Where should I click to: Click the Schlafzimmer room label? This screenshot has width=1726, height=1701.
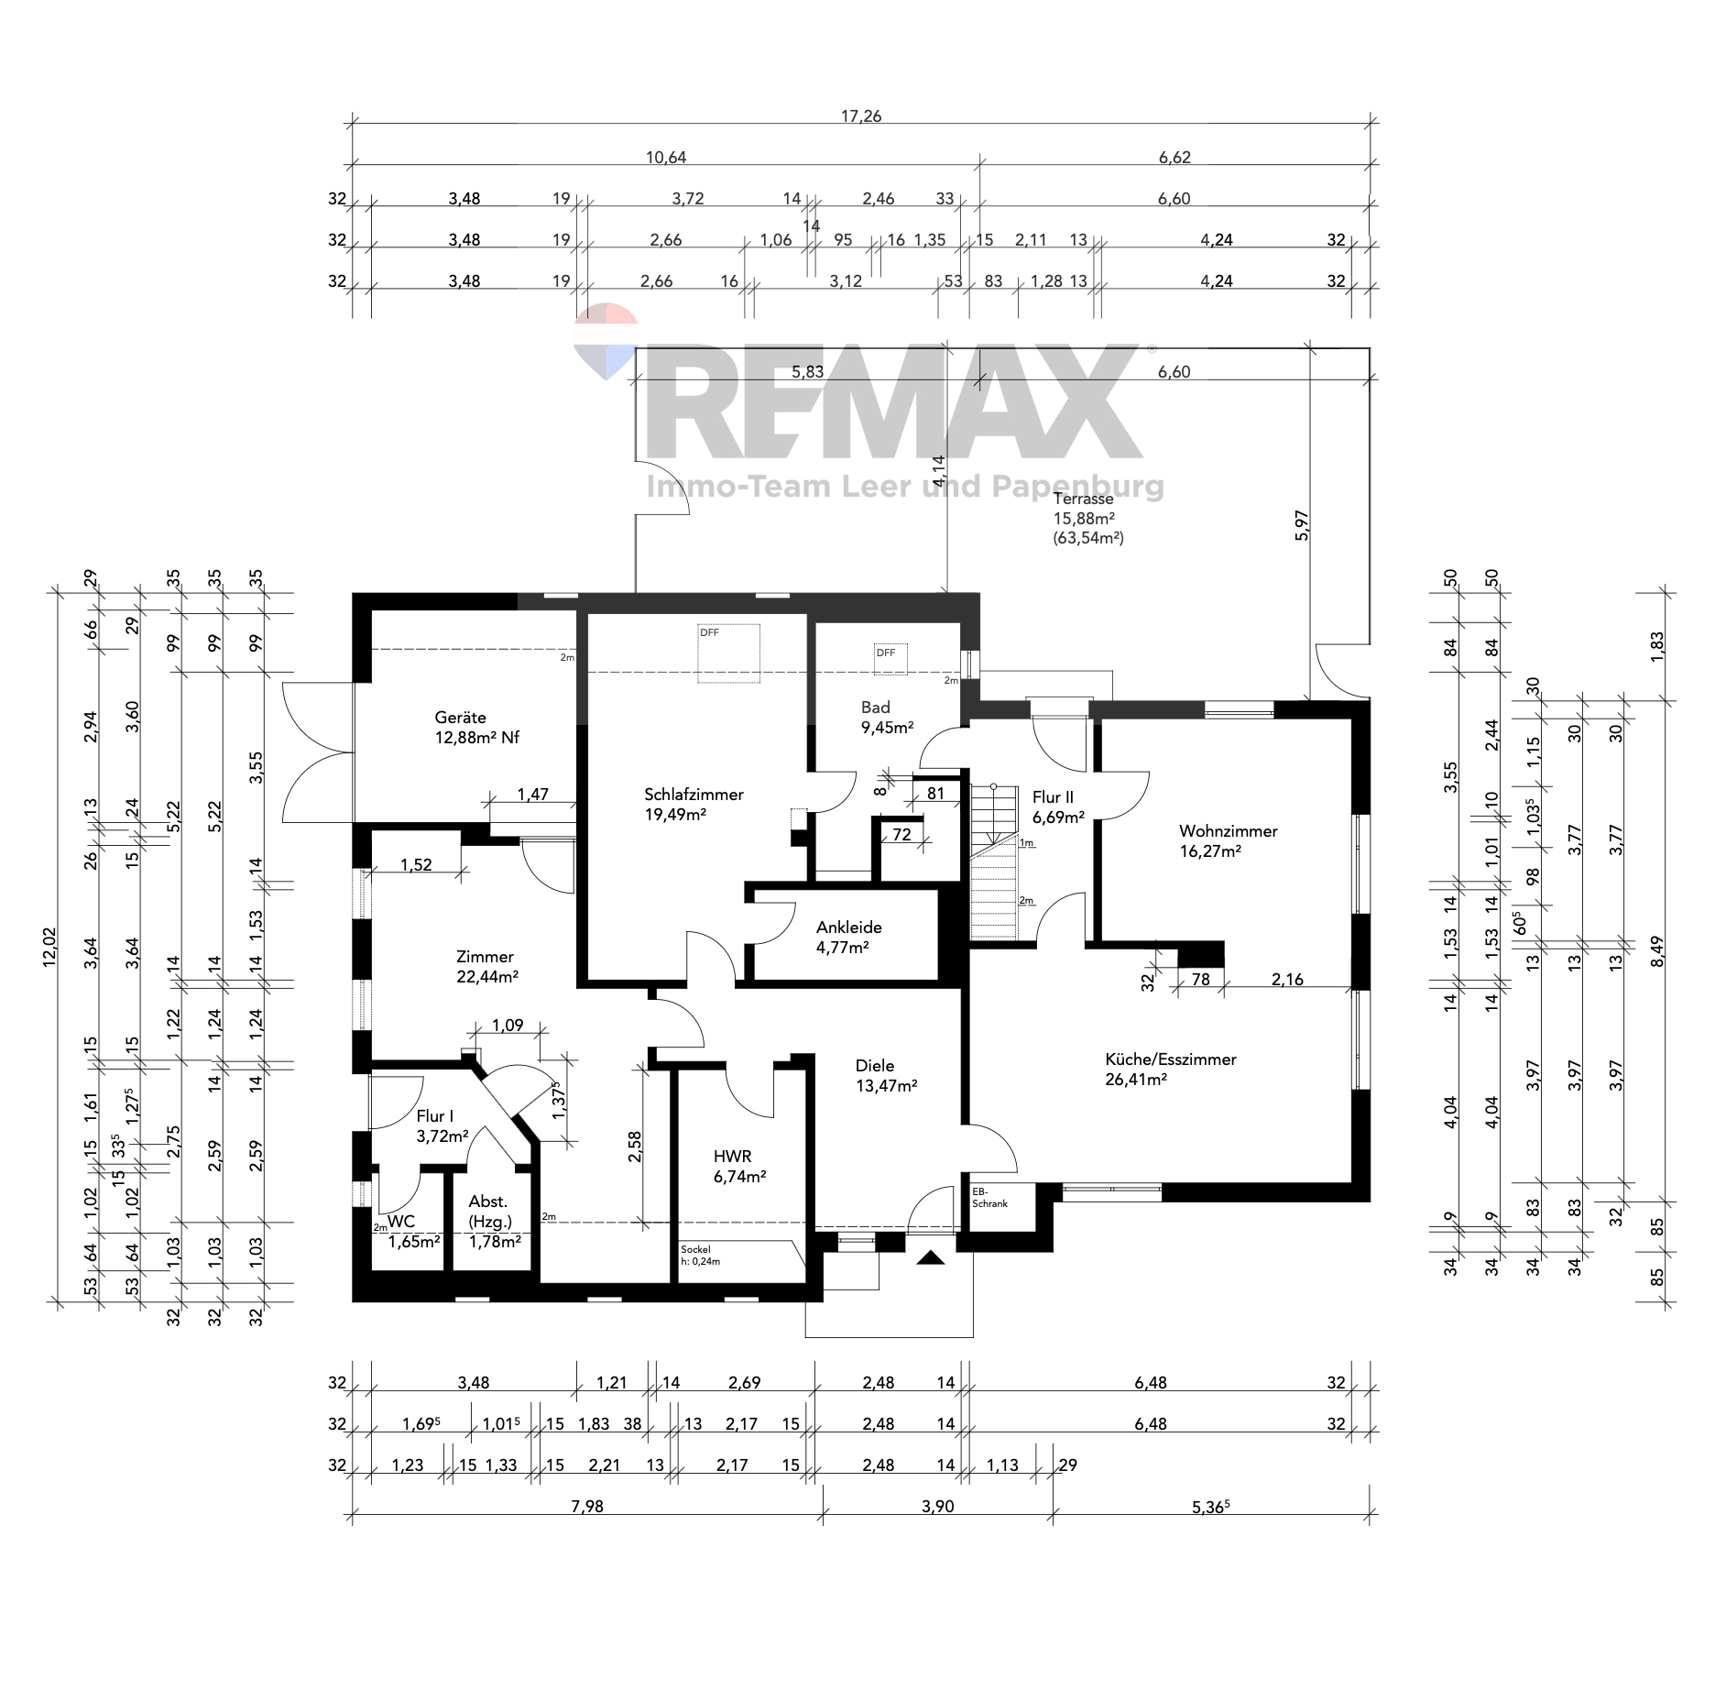click(x=694, y=805)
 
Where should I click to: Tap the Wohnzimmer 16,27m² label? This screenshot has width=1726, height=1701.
click(x=1228, y=840)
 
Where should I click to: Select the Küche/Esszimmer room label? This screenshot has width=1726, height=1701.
click(x=1170, y=1069)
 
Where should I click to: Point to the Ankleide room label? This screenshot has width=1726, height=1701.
click(x=848, y=937)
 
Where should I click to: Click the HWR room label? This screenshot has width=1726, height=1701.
click(x=739, y=1167)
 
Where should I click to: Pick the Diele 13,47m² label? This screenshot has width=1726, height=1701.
click(x=886, y=1075)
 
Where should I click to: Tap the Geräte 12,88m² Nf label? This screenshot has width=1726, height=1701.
click(x=476, y=728)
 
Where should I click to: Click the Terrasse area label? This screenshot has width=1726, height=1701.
click(x=1088, y=518)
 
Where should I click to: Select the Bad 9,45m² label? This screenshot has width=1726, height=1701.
click(x=887, y=718)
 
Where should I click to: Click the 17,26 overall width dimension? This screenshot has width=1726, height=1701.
click(x=861, y=116)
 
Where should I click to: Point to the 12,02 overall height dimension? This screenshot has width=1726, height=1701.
click(x=49, y=946)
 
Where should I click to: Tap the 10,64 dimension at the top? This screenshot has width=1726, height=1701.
click(x=666, y=158)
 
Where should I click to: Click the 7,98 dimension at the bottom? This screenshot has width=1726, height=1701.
click(x=587, y=1507)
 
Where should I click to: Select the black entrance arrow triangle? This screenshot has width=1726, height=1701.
click(x=931, y=1257)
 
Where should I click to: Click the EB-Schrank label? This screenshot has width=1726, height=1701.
click(x=989, y=1198)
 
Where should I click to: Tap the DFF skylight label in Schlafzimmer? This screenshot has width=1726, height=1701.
click(x=709, y=632)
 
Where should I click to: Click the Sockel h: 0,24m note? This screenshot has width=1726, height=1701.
click(x=701, y=1256)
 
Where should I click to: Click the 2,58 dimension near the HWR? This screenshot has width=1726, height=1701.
click(x=635, y=1147)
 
